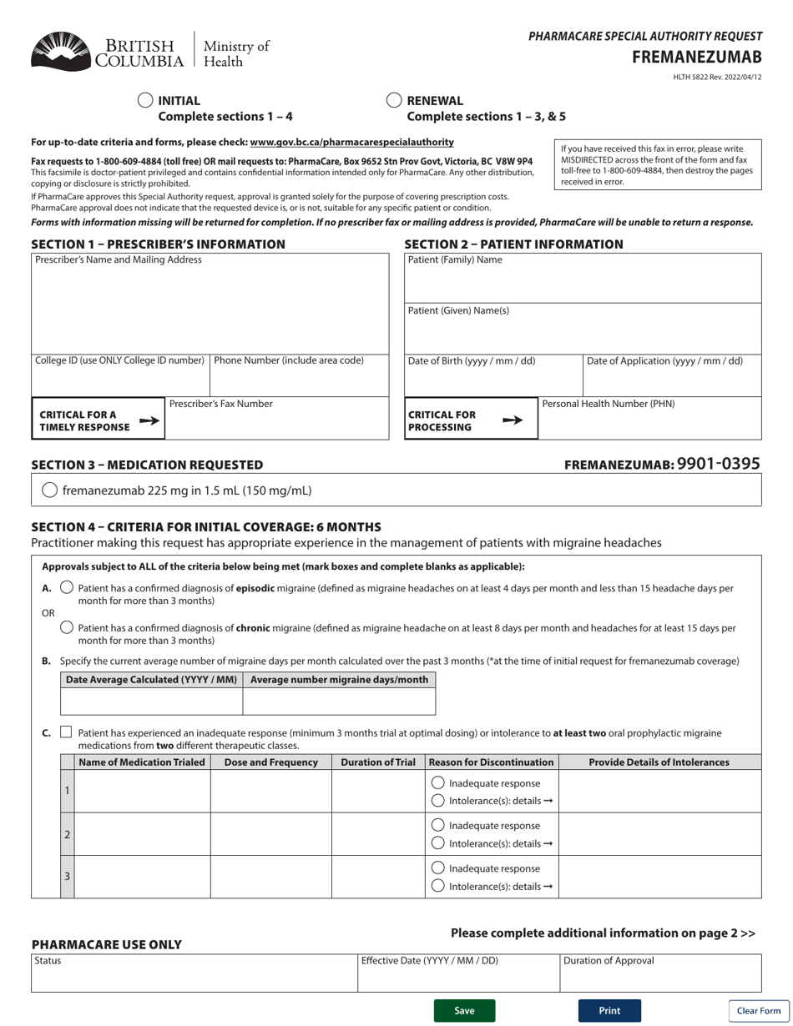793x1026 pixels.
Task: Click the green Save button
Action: point(464,1010)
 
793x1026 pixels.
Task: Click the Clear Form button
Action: point(758,1010)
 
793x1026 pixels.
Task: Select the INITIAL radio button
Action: point(145,100)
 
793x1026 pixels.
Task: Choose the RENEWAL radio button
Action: point(394,100)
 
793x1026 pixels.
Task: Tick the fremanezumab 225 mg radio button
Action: point(49,490)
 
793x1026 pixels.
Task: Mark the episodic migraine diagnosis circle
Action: point(68,588)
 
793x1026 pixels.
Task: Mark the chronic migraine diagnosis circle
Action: point(68,627)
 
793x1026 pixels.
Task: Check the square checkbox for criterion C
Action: point(67,732)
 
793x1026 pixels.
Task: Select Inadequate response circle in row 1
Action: point(437,783)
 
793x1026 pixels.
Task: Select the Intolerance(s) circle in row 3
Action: point(437,886)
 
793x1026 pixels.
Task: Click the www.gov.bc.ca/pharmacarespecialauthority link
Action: point(351,143)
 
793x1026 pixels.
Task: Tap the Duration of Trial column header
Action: point(378,762)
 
